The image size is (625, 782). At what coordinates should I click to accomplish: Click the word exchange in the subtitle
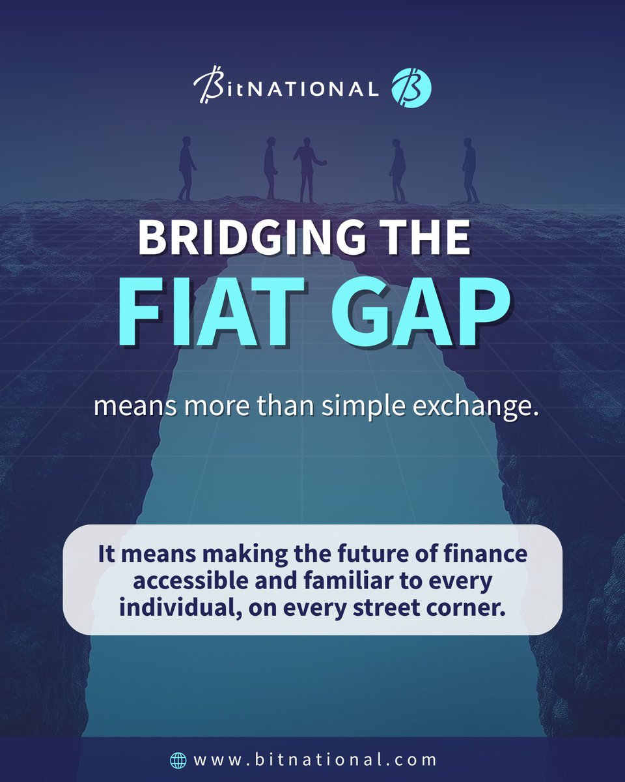488,408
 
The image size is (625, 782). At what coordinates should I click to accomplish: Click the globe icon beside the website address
177,760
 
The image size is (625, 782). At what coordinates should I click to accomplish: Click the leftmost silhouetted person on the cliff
186,168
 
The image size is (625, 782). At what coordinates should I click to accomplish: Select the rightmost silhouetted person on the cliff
469,169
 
